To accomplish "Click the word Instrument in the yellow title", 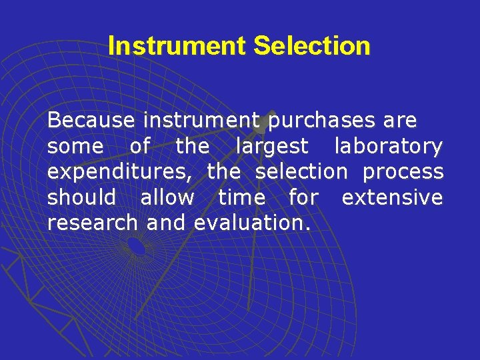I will click(x=177, y=46).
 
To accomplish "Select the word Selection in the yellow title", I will click(x=312, y=46).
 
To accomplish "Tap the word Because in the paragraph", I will click(x=91, y=121).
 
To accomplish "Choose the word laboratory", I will click(x=389, y=146).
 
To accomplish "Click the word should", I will click(x=81, y=198).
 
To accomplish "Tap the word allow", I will click(x=167, y=198).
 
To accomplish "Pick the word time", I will click(x=241, y=198).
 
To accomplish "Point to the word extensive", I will click(x=392, y=198).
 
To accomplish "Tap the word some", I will click(x=75, y=146).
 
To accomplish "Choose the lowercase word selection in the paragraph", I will click(x=302, y=172).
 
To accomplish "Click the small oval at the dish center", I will click(x=137, y=247).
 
